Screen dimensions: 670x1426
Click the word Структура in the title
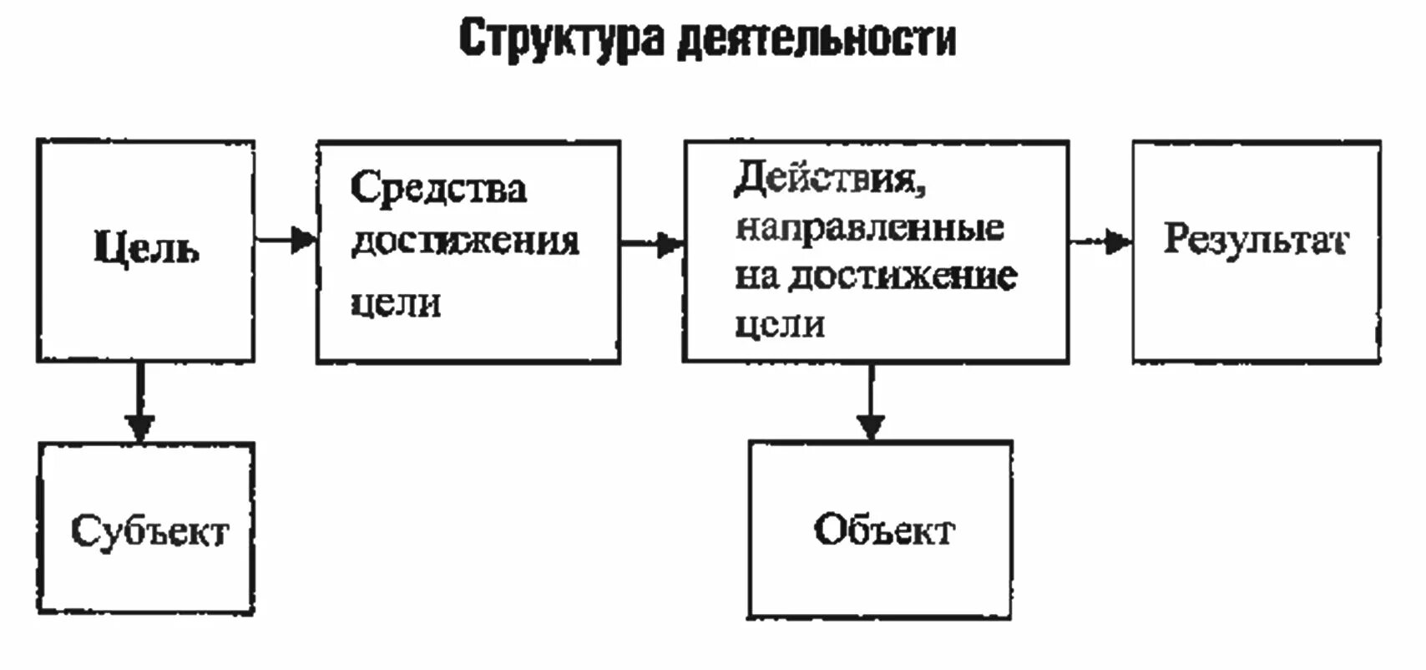pyautogui.click(x=560, y=38)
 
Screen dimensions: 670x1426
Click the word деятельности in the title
pyautogui.click(x=816, y=38)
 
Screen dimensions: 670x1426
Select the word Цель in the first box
pyautogui.click(x=146, y=247)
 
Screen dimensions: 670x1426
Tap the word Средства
pyautogui.click(x=438, y=187)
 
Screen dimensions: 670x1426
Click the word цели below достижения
pyautogui.click(x=395, y=302)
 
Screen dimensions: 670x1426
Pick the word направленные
pyautogui.click(x=869, y=227)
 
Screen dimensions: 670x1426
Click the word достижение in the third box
pyautogui.click(x=903, y=277)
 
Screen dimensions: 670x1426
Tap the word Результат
pyautogui.click(x=1255, y=240)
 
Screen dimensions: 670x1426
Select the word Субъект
pyautogui.click(x=149, y=531)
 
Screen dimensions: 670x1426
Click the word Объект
pyautogui.click(x=884, y=530)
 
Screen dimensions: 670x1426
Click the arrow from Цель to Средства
pyautogui.click(x=286, y=241)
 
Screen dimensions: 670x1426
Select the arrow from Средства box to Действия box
pyautogui.click(x=652, y=244)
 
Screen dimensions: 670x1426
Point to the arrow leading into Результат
pyautogui.click(x=1100, y=242)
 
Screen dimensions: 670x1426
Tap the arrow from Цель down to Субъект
pyautogui.click(x=140, y=401)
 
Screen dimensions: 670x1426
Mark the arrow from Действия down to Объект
pyautogui.click(x=871, y=402)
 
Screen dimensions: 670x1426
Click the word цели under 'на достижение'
pyautogui.click(x=780, y=325)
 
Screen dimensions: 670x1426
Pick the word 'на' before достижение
pyautogui.click(x=756, y=277)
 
